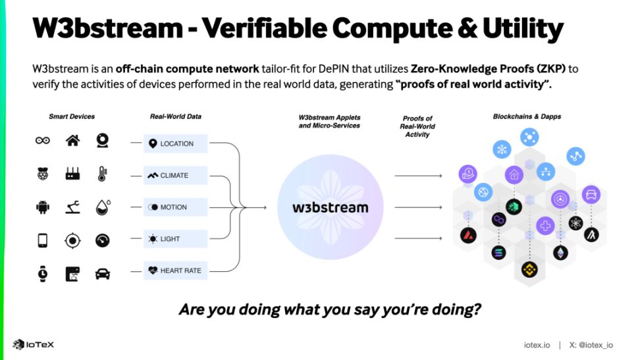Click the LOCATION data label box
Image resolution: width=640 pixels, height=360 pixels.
point(176,143)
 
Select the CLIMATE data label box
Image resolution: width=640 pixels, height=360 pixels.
point(176,175)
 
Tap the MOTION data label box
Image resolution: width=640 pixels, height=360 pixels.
point(176,207)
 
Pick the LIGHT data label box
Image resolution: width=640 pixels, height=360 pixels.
point(176,239)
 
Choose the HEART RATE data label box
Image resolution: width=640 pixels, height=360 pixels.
point(176,270)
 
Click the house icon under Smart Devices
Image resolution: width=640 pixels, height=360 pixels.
point(72,140)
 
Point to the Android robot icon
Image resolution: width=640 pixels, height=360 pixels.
point(43,207)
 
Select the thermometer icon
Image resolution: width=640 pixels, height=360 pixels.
point(103,174)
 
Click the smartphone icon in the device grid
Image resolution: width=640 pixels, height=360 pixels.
point(43,240)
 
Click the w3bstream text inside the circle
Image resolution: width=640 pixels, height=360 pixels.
point(330,208)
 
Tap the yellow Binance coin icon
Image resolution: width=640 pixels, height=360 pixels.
point(528,269)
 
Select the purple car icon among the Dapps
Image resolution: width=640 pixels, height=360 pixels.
point(591,195)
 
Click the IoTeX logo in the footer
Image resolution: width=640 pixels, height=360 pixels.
point(33,344)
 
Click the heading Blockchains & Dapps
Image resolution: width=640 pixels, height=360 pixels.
point(527,116)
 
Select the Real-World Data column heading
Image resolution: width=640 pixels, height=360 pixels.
point(175,116)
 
